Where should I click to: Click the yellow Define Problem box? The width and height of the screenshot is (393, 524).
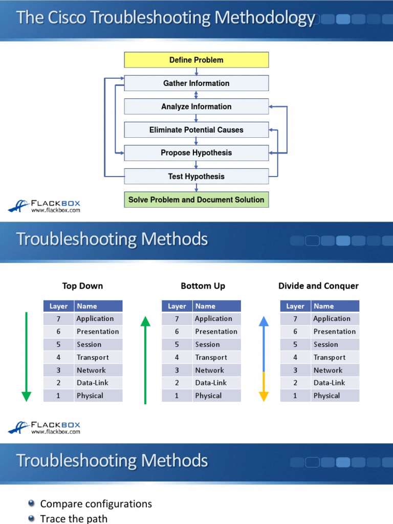click(x=196, y=60)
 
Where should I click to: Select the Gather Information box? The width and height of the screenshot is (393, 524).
click(x=196, y=83)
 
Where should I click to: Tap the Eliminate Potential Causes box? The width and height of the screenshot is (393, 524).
click(x=196, y=130)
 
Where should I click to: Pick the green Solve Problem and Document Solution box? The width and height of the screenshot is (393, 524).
click(x=196, y=200)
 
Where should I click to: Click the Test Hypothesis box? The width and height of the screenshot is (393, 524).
click(x=196, y=177)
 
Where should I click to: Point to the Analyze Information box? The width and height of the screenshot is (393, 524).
click(x=196, y=106)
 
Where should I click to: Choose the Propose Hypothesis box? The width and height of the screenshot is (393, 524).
click(x=196, y=153)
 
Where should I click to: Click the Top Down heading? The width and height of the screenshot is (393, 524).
click(x=82, y=286)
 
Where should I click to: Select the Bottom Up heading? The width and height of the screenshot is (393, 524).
click(x=203, y=286)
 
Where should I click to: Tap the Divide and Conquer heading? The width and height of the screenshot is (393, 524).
click(x=318, y=286)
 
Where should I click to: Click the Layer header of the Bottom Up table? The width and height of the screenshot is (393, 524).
click(x=177, y=306)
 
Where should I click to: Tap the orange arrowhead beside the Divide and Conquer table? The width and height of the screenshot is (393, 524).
click(x=264, y=396)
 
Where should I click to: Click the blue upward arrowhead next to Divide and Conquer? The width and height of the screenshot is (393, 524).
click(x=264, y=322)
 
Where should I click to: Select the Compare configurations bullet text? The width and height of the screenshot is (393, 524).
click(x=96, y=504)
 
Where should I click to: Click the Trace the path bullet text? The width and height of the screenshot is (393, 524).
click(x=74, y=519)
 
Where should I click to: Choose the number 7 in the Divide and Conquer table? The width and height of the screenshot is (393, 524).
click(x=295, y=319)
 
